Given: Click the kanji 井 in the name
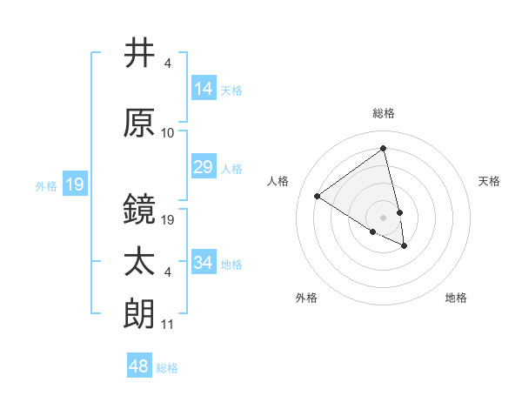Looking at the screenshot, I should pos(139,54).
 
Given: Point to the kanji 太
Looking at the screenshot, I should pos(139,262).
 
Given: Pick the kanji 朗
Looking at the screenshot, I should pos(139,313).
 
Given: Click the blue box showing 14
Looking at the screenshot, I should pos(204,89).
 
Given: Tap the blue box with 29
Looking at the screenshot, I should pos(204,167).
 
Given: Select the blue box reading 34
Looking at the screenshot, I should pos(204,263).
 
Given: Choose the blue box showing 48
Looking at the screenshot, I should pos(139,366).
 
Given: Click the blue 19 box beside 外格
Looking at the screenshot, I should pos(75,184).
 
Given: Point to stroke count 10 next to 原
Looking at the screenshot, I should pos(168,133).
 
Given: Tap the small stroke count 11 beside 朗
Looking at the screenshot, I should pos(168,325).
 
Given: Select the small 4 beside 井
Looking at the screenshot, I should pos(167,64).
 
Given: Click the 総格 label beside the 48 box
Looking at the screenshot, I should pos(167,368).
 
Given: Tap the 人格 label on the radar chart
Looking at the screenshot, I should pos(278,181).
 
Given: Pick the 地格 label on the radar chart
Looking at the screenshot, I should pos(456,298).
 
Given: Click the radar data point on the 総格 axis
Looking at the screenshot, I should pos(383,148).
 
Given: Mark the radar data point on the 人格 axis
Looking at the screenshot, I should pos(318,196).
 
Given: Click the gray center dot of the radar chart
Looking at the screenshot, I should pos(383,217).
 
